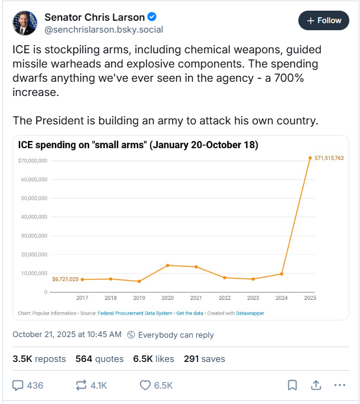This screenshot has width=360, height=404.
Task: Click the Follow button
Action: click(323, 21)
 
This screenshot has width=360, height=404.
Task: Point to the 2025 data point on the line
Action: click(310, 158)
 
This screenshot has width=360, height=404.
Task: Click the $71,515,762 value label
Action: click(329, 158)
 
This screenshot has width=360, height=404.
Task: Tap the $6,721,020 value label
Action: click(65, 279)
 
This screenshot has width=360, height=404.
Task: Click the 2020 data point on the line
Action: click(167, 265)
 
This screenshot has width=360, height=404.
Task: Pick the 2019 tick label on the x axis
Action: click(139, 298)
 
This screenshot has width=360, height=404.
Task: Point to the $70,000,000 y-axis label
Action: click(33, 161)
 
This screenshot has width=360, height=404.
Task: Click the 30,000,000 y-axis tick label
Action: click(34, 236)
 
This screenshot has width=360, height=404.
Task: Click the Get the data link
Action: click(189, 313)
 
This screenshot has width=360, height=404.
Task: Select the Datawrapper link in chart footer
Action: click(250, 313)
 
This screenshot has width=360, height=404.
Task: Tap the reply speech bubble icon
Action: click(18, 385)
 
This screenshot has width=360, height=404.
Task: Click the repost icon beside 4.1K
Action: click(81, 385)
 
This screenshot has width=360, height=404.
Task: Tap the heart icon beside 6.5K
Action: click(145, 385)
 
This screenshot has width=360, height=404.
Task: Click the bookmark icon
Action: click(292, 385)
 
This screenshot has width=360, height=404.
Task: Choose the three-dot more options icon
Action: click(339, 385)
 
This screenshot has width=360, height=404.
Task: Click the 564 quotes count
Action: click(99, 358)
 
